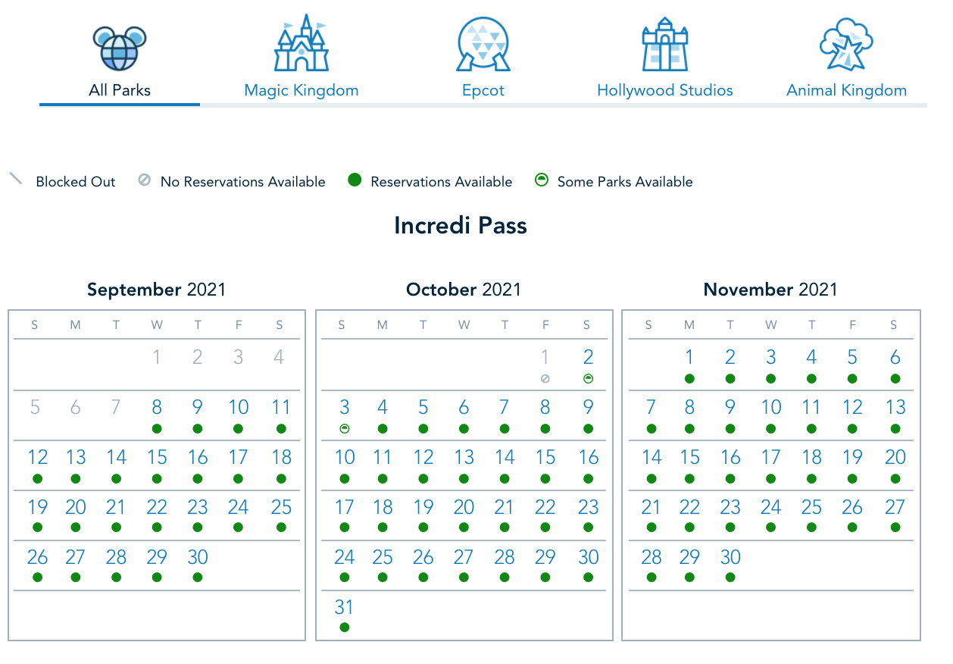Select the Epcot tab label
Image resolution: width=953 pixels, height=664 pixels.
coord(483,90)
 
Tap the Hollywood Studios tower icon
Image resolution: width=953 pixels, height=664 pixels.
coord(665,44)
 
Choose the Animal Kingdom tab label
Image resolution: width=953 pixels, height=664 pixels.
coord(846,90)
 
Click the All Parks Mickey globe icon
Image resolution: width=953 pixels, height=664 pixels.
coord(120,48)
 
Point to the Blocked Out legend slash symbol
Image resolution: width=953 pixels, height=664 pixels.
coord(16,179)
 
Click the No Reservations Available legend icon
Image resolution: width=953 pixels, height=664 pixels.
coord(144,180)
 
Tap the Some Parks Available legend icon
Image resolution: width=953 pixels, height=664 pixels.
coord(541,180)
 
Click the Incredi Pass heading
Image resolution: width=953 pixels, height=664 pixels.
coord(461,226)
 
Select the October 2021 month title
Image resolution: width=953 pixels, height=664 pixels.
coord(464,290)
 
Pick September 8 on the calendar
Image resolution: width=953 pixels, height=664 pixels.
coord(157,407)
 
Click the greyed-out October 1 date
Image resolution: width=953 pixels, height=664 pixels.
coord(545,357)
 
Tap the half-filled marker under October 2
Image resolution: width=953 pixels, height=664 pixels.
coord(588,378)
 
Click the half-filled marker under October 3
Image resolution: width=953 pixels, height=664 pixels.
coord(345,428)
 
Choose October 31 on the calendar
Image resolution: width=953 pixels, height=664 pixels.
coord(344,607)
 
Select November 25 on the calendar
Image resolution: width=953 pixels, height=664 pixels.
coord(811,507)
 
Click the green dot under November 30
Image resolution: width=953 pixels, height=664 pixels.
coord(730,577)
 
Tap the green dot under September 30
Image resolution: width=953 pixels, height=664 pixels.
coord(198,577)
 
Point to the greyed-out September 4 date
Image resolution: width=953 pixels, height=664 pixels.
coord(279,357)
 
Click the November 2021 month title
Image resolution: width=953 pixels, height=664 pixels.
coord(770,290)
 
